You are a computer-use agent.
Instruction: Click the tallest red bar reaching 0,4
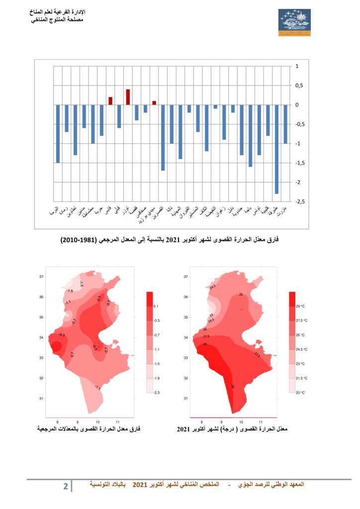128,97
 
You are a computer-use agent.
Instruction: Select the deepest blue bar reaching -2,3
276,149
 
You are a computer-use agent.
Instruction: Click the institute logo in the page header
294,22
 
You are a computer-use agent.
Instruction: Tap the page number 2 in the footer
65,486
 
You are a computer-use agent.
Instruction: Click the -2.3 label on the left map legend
156,393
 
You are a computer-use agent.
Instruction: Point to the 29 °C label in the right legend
302,306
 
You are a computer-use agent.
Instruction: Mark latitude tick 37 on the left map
42,277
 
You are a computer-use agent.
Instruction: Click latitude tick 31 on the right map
185,398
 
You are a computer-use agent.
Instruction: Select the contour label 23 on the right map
211,315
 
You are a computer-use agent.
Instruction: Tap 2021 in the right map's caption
184,428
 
